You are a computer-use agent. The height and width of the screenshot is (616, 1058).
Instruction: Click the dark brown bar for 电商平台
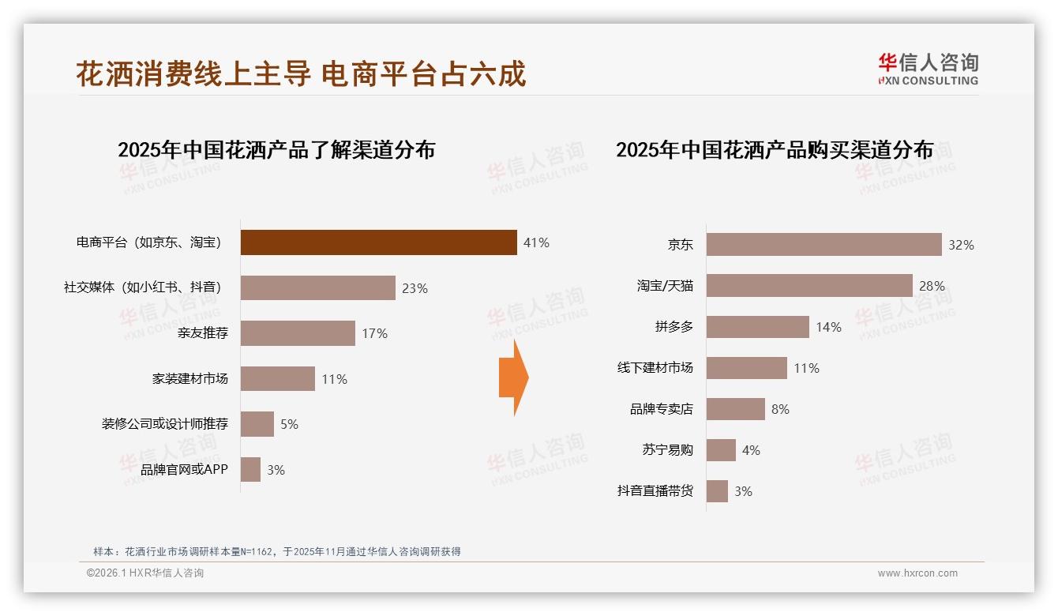coord(378,242)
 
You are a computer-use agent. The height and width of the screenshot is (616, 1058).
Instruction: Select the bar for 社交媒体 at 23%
coord(317,288)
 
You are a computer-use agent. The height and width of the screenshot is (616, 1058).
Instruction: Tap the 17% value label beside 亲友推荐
coord(374,334)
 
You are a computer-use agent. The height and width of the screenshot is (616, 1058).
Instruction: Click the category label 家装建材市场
coord(189,379)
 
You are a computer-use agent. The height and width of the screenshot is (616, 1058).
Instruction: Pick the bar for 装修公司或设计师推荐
coord(257,424)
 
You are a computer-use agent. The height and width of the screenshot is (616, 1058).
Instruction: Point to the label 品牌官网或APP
coord(184,470)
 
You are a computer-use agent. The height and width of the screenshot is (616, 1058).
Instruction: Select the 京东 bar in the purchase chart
coord(824,245)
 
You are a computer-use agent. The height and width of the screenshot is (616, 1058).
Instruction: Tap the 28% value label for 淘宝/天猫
coord(932,286)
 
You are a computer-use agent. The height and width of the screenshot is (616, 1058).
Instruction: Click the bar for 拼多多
coord(757,327)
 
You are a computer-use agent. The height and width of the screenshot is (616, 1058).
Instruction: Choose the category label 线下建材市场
coord(655,368)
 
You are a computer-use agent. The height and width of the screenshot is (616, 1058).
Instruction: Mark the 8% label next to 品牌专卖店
coord(780,409)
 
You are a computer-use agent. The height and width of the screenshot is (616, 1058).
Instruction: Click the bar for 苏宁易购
coord(721,450)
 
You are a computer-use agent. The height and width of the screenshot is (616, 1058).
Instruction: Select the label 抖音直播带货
coord(655,491)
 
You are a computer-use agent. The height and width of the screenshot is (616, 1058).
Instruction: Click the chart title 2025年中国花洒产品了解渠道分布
coord(276,150)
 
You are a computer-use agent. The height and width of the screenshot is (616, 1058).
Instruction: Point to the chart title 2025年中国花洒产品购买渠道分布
coord(775,150)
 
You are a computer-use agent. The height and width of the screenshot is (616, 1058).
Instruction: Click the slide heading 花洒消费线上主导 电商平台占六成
coord(301,74)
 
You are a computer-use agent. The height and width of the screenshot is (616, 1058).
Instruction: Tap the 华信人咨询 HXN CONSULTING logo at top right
coord(928,69)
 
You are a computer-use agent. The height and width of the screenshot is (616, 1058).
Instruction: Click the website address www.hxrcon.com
coord(917,573)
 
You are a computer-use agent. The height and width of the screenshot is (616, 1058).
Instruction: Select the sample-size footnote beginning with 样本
coord(276,552)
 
